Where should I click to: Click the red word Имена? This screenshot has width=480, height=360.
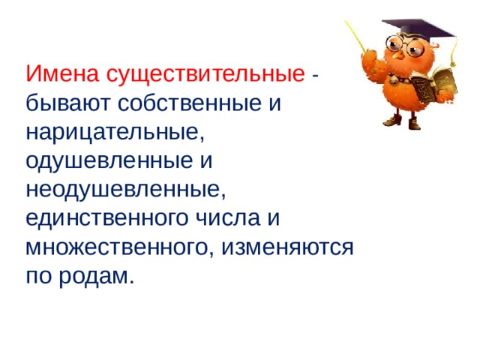coord(62,75)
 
